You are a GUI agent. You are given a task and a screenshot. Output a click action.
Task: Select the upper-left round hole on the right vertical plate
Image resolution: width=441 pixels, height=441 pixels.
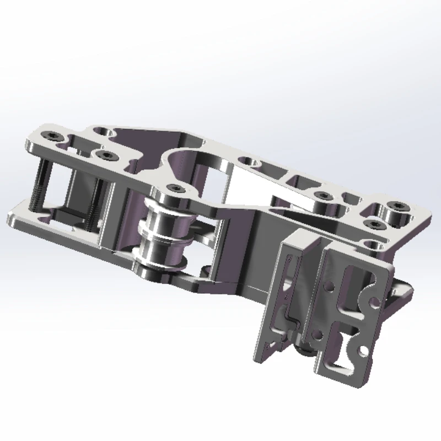click(330, 287)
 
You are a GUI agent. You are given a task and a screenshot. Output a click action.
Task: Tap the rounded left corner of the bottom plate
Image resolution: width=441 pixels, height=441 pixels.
click(14, 218)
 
